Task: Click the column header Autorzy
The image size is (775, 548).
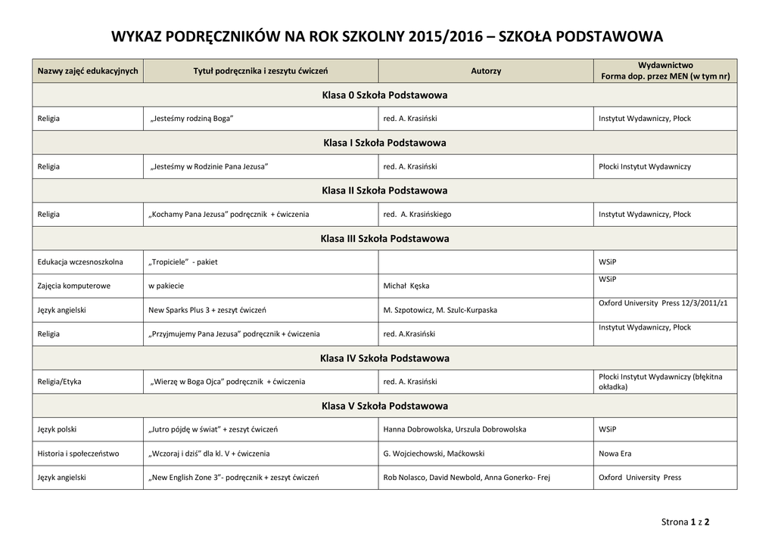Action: (486, 71)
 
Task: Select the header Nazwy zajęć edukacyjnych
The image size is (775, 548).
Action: (88, 71)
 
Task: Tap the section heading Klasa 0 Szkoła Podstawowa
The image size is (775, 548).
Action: (384, 95)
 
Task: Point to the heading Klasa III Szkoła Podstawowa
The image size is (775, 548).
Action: (384, 239)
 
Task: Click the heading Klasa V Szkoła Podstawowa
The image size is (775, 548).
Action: (384, 406)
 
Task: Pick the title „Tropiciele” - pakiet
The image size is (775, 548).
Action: (183, 262)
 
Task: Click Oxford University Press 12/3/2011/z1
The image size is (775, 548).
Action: (663, 303)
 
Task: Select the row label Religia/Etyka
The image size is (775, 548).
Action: (59, 382)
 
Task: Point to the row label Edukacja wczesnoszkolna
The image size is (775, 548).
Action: (80, 262)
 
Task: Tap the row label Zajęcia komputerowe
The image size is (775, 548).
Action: (74, 286)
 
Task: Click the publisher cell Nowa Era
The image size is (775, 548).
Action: (615, 454)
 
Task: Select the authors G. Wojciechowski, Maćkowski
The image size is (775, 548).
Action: (434, 454)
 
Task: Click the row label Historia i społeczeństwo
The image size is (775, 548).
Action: (78, 454)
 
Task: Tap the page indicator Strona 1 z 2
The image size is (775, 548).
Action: (686, 522)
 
